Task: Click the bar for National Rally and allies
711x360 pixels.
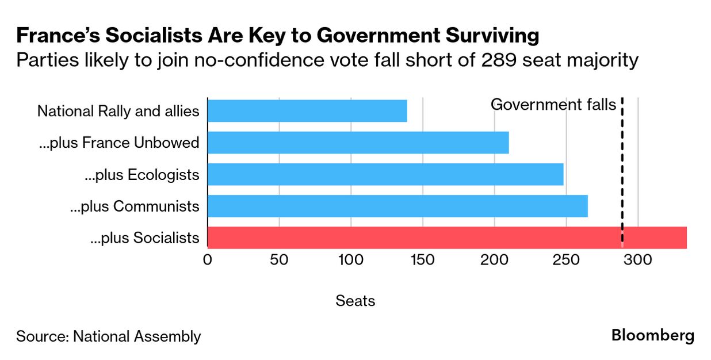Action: pos(307,111)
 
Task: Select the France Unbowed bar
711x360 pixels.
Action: pos(358,143)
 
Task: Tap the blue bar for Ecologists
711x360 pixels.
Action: pos(385,174)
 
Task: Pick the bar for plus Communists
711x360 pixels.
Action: pos(397,206)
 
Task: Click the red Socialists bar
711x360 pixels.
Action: pos(447,238)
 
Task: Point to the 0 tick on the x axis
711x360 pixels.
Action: pos(207,260)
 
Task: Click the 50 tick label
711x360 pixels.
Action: pos(279,260)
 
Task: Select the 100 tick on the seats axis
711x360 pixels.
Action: pos(351,260)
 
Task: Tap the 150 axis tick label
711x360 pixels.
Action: pos(423,260)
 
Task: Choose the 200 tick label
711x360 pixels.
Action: pos(495,260)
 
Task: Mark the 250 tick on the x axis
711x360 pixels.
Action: pos(567,260)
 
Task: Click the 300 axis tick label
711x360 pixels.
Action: pos(639,260)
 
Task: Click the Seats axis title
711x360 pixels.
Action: pos(355,300)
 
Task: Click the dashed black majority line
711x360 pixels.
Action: pos(622,173)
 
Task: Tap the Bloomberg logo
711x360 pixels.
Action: pos(653,335)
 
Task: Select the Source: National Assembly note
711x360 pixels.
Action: pos(109,336)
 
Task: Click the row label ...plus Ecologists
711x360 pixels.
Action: pos(142,175)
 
